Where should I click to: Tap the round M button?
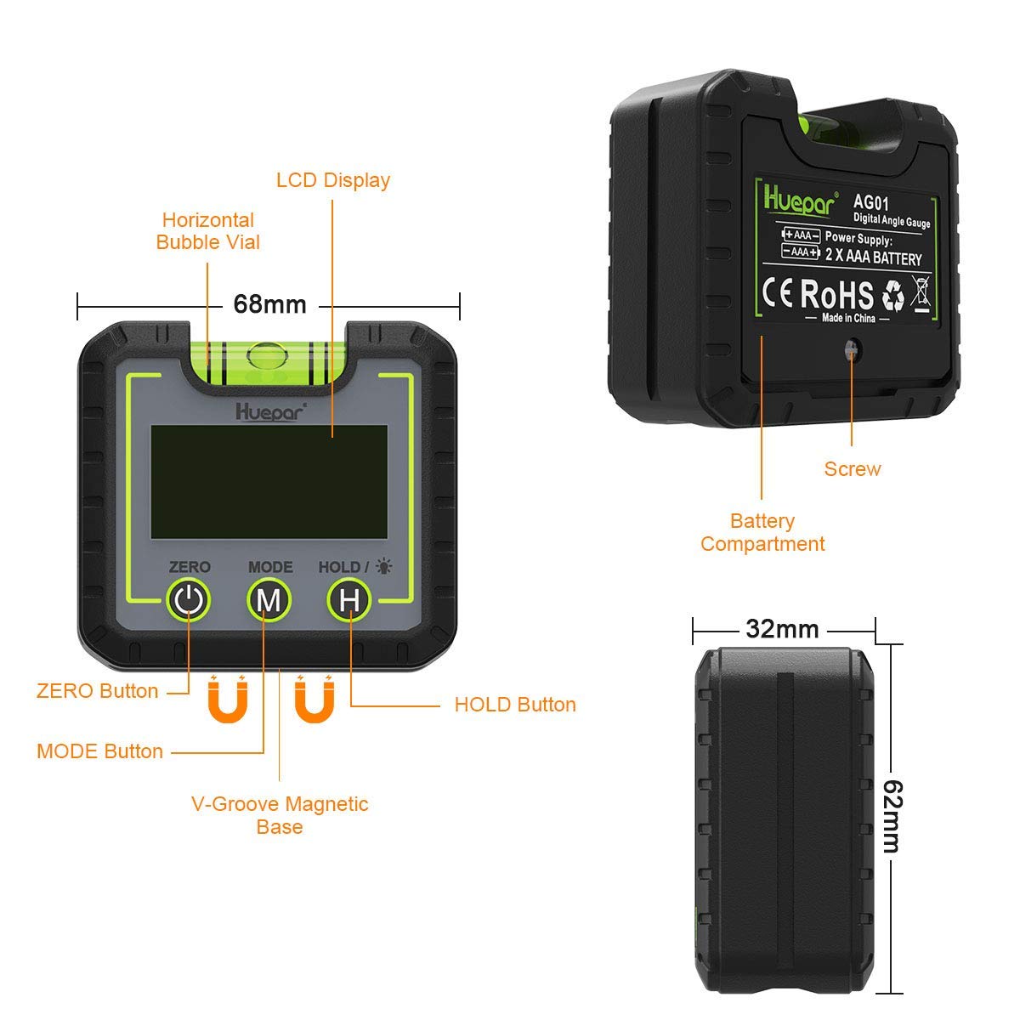[269, 600]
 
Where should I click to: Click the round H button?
[349, 600]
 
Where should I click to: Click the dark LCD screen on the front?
[269, 481]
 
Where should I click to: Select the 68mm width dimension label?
[269, 303]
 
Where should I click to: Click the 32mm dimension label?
[782, 629]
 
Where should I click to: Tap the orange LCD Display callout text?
[333, 180]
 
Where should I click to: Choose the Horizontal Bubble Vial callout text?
[208, 231]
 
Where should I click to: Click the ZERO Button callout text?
[97, 691]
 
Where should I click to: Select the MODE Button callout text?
[99, 751]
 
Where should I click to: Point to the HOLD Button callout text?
[515, 705]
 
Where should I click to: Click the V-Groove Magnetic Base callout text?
[280, 815]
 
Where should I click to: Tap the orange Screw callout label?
[853, 469]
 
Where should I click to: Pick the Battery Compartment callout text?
[762, 532]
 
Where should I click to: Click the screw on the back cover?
[851, 348]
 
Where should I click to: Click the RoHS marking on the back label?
[836, 294]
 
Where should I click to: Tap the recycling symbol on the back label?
[893, 296]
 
